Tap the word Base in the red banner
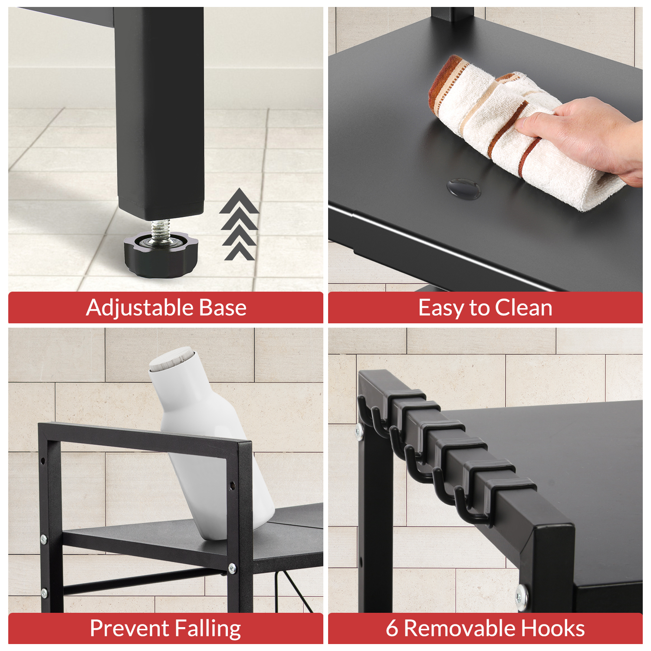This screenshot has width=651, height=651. point(223,308)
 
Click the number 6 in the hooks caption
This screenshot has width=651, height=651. point(392,628)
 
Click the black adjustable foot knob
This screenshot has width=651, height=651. point(161,254)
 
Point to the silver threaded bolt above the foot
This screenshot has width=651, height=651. point(161,229)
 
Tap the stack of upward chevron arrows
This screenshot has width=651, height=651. point(239,224)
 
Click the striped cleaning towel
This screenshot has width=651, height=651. point(521,130)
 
